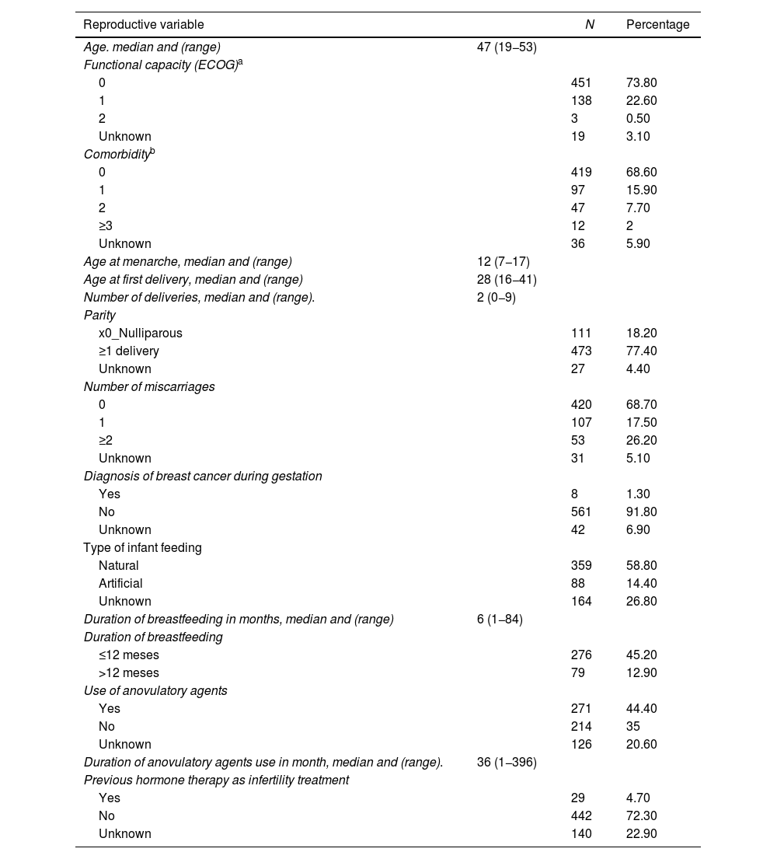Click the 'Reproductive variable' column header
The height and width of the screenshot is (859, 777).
pyautogui.click(x=144, y=25)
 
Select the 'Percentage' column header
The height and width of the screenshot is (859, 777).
pyautogui.click(x=657, y=25)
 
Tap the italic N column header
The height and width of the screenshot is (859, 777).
pyautogui.click(x=590, y=25)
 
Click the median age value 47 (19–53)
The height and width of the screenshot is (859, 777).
pyautogui.click(x=507, y=47)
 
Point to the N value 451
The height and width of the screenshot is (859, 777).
pyautogui.click(x=581, y=82)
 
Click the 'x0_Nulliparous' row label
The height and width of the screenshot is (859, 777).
pyautogui.click(x=140, y=333)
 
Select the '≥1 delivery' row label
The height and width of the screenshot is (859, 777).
pyautogui.click(x=128, y=351)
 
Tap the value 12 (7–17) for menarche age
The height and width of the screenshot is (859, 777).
pyautogui.click(x=503, y=261)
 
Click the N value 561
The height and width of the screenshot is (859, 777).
pyautogui.click(x=581, y=512)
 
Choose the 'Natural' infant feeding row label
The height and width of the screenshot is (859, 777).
pyautogui.click(x=118, y=565)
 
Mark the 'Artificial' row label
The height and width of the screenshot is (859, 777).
pyautogui.click(x=120, y=583)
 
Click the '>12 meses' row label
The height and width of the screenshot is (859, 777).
pyautogui.click(x=128, y=672)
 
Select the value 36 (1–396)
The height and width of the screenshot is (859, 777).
pyautogui.click(x=507, y=762)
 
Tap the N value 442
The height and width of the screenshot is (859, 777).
pyautogui.click(x=581, y=815)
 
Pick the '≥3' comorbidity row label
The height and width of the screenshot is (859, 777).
pyautogui.click(x=106, y=225)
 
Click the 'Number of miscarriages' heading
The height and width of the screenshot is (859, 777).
pyautogui.click(x=149, y=386)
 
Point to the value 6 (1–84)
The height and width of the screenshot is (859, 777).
pyautogui.click(x=500, y=619)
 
